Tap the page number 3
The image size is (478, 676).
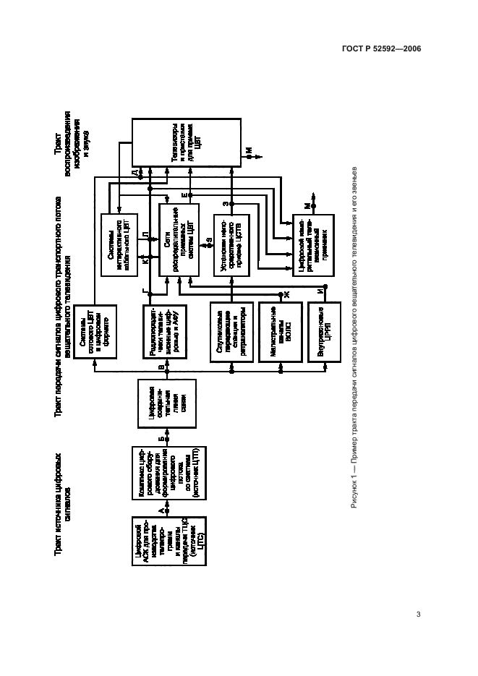click(418, 615)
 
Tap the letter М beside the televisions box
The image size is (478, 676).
click(248, 150)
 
